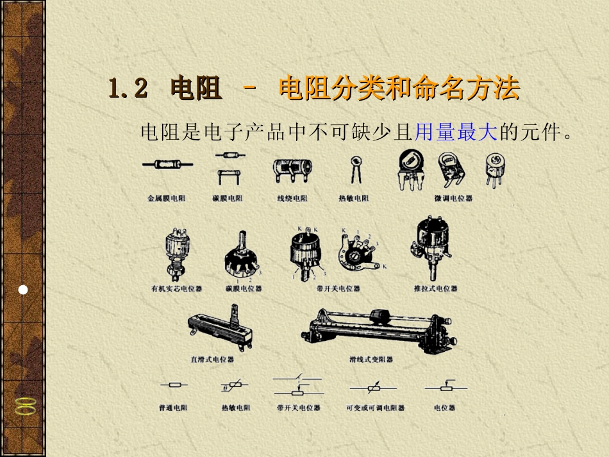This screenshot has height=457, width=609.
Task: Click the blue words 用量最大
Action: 456,133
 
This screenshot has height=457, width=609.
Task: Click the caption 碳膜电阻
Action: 228,199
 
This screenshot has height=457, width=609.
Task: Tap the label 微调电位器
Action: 453,199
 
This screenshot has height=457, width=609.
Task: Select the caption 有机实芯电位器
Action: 176,289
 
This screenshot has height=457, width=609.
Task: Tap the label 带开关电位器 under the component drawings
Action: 338,289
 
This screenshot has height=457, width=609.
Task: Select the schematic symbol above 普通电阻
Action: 174,386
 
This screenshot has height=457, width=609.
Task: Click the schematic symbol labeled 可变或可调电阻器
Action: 374,387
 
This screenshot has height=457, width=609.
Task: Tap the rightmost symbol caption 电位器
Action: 444,408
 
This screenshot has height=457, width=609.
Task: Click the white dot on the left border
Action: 23,290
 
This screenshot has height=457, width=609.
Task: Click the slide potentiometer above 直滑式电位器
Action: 219,328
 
